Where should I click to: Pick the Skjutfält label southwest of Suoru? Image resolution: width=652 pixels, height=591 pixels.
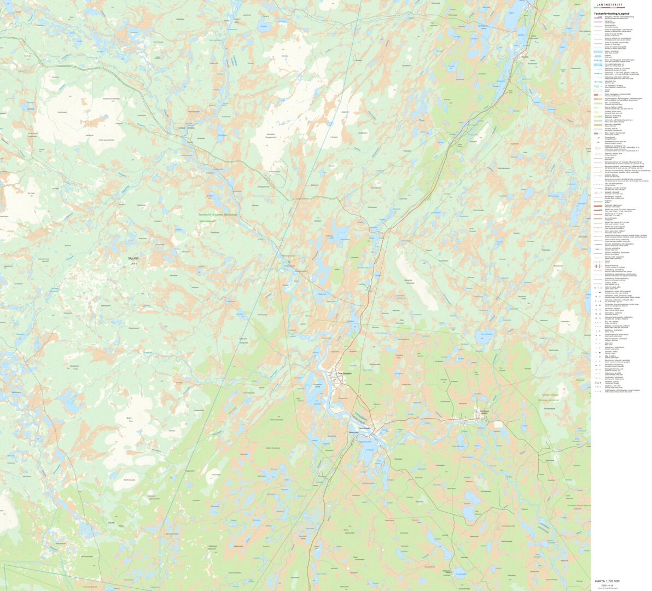[x=112, y=523]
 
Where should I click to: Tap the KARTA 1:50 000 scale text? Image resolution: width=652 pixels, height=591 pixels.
[x=607, y=581]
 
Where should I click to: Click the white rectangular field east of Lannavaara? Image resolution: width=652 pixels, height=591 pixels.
[x=499, y=424]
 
